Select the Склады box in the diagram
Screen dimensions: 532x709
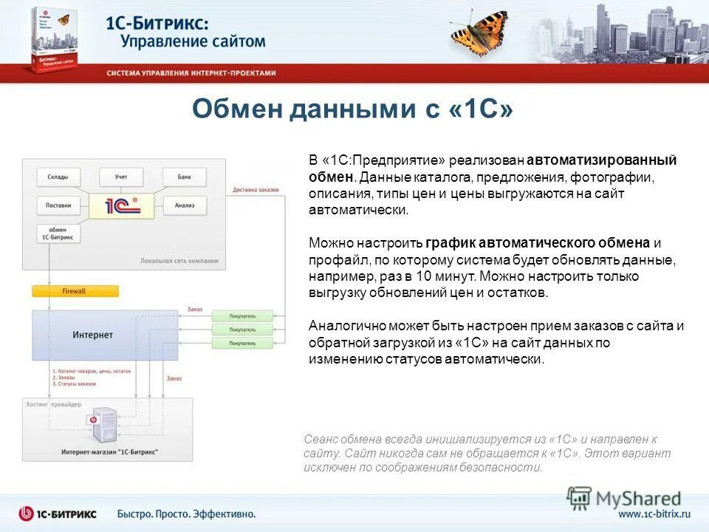click(x=58, y=177)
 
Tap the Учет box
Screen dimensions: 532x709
click(x=121, y=177)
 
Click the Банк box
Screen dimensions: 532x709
click(x=184, y=177)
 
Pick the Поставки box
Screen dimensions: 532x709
click(x=58, y=205)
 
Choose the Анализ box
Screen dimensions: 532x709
click(x=184, y=205)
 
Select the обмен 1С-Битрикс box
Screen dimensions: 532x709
click(x=58, y=233)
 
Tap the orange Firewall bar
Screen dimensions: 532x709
click(x=75, y=291)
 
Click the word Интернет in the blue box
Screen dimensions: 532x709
click(x=93, y=335)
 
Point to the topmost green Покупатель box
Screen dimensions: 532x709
click(x=242, y=315)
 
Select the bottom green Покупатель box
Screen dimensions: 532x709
click(x=242, y=344)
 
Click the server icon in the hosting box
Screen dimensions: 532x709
click(x=103, y=426)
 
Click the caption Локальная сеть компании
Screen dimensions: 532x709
click(x=179, y=261)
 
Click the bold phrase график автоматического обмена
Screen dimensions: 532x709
click(x=538, y=243)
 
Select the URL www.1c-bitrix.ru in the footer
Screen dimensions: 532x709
click(x=653, y=514)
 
